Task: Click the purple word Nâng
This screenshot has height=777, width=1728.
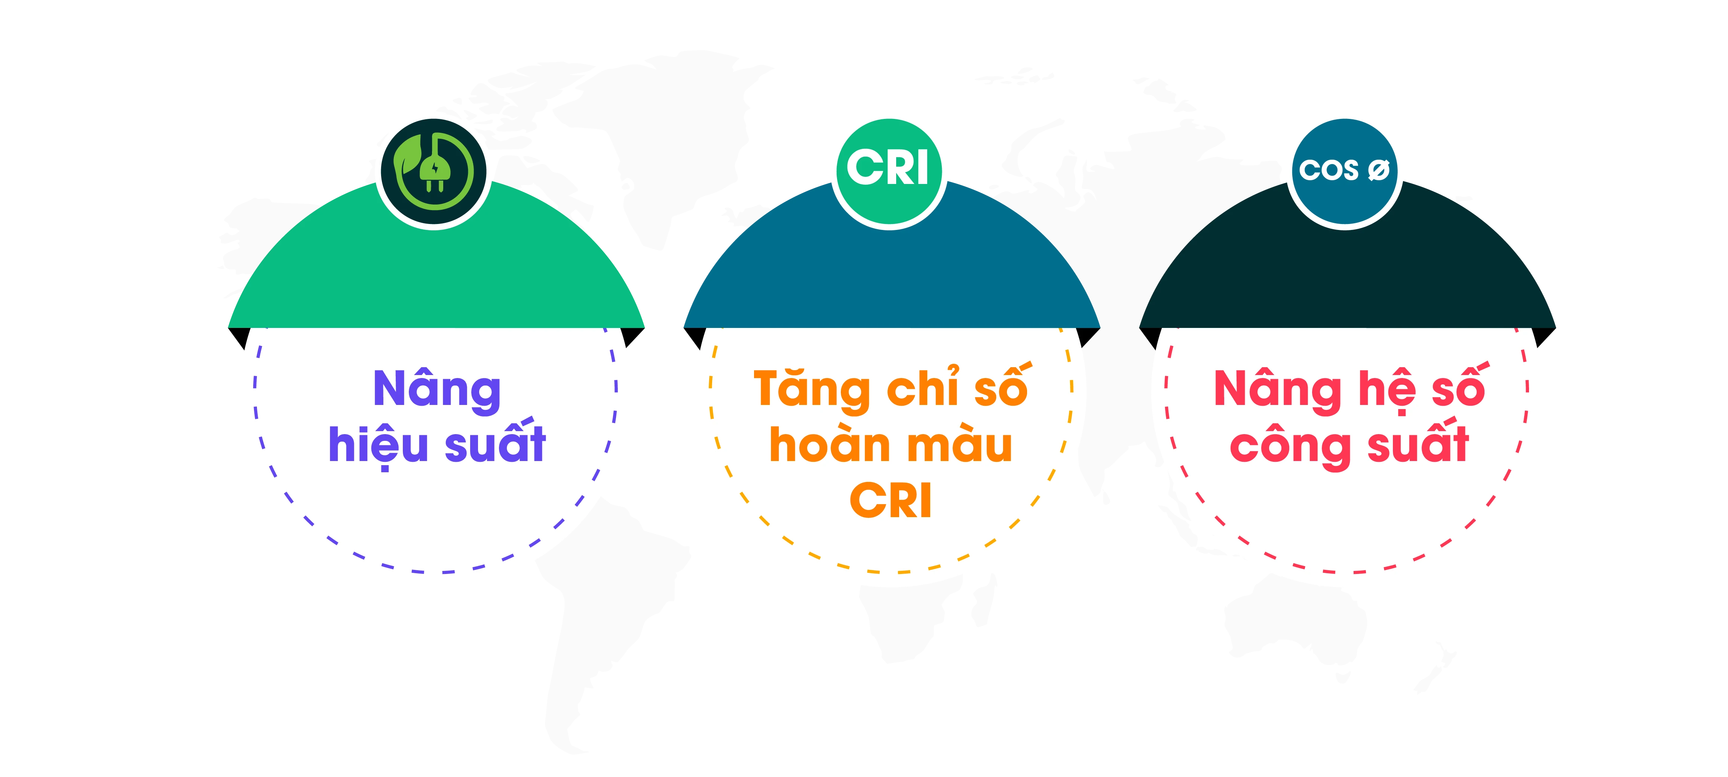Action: (x=437, y=389)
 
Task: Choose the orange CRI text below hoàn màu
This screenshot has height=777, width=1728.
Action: (x=891, y=500)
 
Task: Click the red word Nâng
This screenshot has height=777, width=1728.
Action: (x=1278, y=389)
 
